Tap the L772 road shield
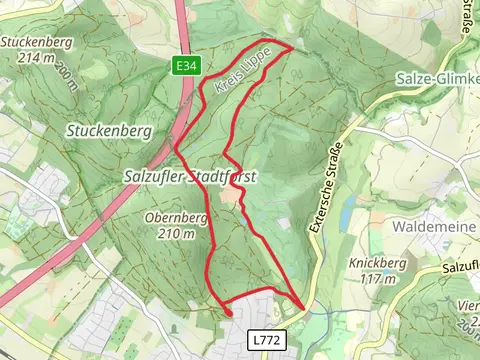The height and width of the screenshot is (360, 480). (266, 341)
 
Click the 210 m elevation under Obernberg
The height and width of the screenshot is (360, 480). (176, 233)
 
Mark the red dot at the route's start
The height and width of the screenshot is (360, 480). (229, 313)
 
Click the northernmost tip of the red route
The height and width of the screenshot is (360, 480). (291, 45)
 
